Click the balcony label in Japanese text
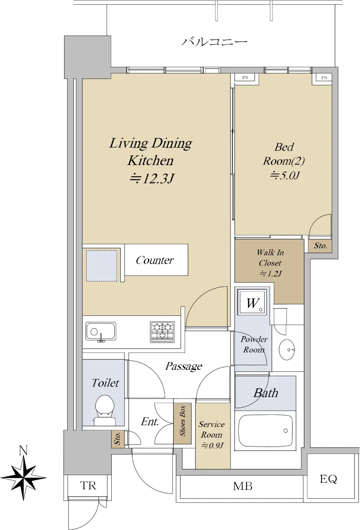click(214, 42)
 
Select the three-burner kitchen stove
click(163, 332)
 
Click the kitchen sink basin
click(101, 332)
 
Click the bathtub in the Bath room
click(265, 431)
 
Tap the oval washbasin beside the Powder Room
click(287, 349)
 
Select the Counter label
click(155, 260)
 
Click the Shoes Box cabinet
click(182, 423)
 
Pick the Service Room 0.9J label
click(211, 435)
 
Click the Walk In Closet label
click(270, 263)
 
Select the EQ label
click(328, 479)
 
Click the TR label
click(88, 485)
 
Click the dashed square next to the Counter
click(101, 266)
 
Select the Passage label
click(184, 366)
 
